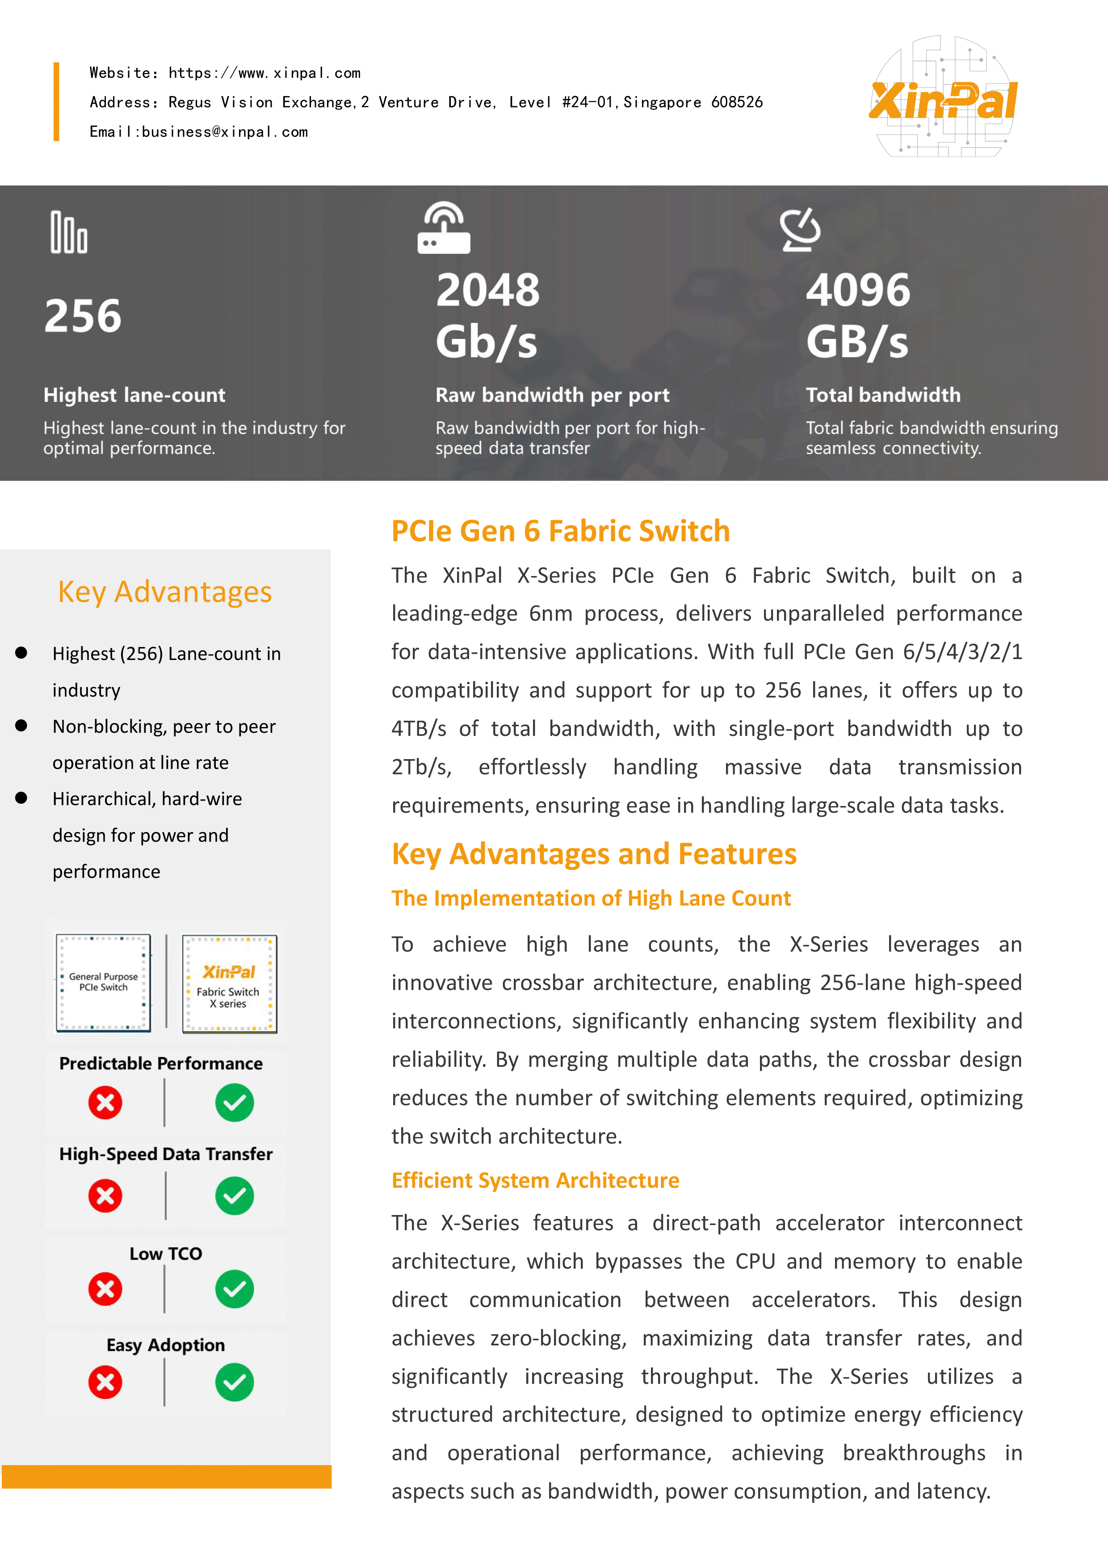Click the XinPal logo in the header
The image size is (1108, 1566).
pos(944,98)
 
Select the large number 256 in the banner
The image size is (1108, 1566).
pos(83,317)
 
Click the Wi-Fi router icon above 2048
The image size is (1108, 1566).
pos(444,229)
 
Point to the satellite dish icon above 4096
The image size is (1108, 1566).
pos(800,230)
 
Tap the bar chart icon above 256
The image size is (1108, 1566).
pos(69,233)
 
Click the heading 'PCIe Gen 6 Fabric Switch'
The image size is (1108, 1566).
pos(560,531)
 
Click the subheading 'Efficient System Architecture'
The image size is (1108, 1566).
pos(535,1181)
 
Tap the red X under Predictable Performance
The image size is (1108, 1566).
pos(105,1103)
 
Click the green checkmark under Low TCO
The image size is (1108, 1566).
pos(235,1289)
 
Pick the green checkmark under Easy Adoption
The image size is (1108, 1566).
pos(235,1382)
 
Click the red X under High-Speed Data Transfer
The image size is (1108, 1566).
pos(105,1196)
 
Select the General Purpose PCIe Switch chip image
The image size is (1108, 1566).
pos(103,982)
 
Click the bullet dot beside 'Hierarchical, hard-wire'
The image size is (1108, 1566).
pos(21,798)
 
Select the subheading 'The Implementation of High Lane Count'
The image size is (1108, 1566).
pos(591,898)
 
